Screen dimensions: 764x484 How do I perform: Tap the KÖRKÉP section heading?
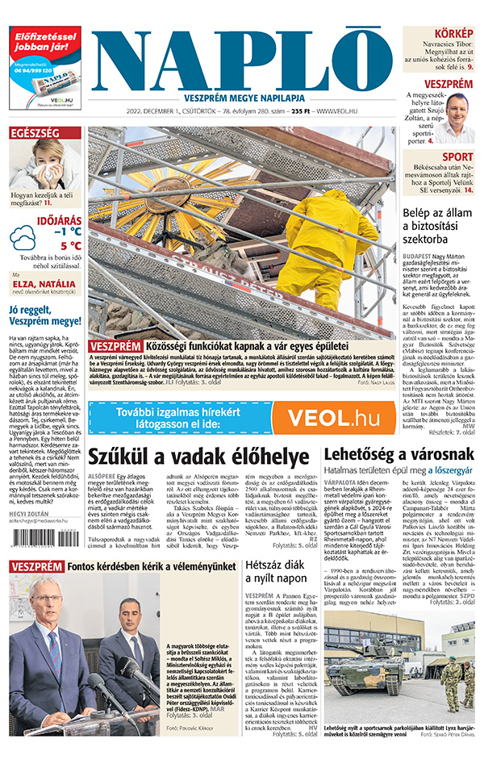coord(453,34)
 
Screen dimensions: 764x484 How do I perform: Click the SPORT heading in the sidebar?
coord(457,157)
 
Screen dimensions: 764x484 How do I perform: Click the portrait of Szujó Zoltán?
coord(459,117)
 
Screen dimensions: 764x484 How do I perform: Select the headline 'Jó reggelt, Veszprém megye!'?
coord(44,314)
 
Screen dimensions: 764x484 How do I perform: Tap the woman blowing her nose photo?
coord(45,165)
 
